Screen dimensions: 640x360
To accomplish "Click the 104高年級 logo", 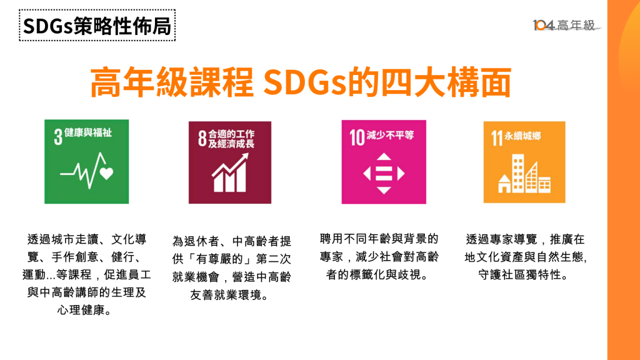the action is (566, 25).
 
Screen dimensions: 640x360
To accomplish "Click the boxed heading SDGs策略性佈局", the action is (97, 25).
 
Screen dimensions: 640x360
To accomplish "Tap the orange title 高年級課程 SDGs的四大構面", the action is (301, 82).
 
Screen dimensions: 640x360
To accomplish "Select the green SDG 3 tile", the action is (86, 162).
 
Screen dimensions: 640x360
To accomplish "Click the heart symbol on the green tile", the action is (106, 174).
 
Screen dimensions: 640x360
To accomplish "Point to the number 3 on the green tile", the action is (58, 137).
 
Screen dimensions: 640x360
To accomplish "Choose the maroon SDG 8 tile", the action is (230, 162).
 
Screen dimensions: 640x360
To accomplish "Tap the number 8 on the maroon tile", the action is (202, 138).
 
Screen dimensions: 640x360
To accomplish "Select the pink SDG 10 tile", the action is (384, 162).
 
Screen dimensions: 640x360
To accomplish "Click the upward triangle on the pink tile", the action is (384, 157).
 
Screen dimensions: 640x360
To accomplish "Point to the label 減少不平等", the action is (390, 135).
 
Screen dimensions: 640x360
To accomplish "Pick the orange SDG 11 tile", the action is (524, 162).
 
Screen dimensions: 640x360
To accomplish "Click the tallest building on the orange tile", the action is (518, 173).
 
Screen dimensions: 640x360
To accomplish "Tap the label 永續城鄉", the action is (522, 136).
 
